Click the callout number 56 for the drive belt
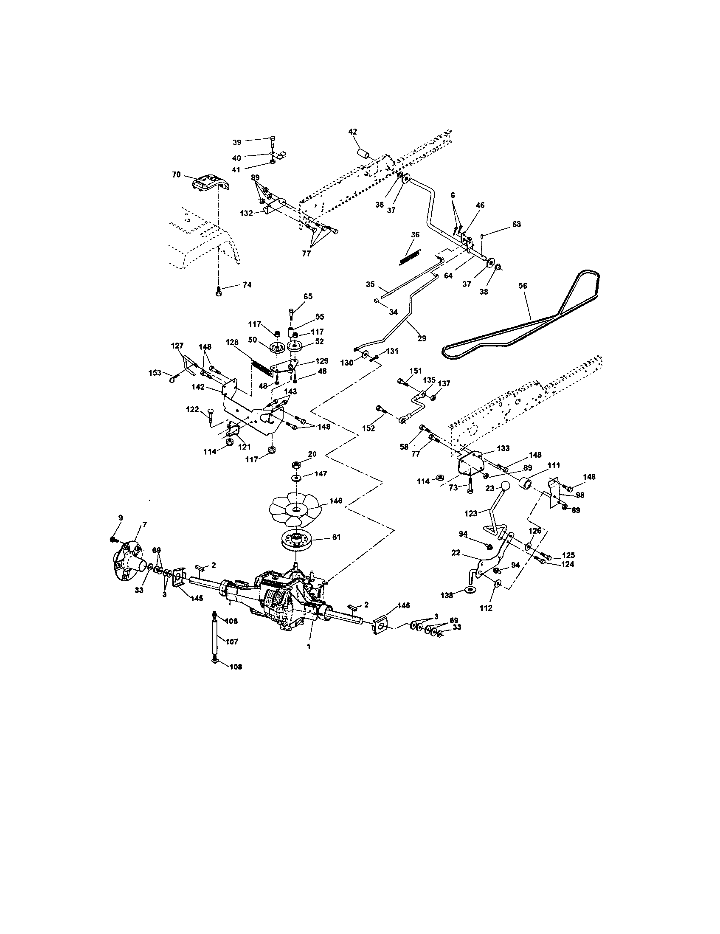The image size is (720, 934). (523, 286)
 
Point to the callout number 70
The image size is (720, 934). (176, 174)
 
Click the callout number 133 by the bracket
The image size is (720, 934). (503, 448)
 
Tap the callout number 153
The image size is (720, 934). (155, 372)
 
